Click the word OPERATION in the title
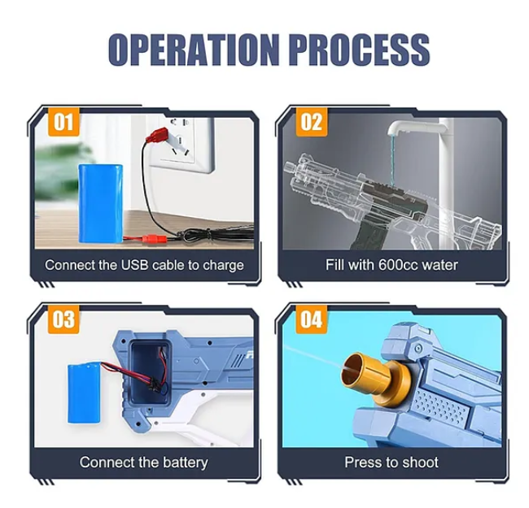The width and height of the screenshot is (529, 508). [x=194, y=50]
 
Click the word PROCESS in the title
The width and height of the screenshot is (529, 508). [x=359, y=50]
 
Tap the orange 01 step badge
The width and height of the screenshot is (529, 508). [x=63, y=122]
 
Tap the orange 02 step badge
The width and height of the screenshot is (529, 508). [x=312, y=122]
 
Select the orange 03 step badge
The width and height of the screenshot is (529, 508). [x=63, y=319]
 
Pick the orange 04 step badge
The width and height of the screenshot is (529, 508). [x=312, y=319]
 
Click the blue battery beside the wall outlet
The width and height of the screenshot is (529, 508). [x=101, y=203]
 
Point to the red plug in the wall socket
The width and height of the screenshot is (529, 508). [x=157, y=135]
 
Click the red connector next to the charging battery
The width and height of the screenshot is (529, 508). [x=154, y=239]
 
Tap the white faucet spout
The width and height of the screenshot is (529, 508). [x=417, y=128]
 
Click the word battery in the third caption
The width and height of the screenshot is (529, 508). [x=186, y=462]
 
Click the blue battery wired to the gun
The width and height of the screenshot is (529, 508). [x=84, y=393]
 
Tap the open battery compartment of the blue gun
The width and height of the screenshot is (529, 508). [x=150, y=373]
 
